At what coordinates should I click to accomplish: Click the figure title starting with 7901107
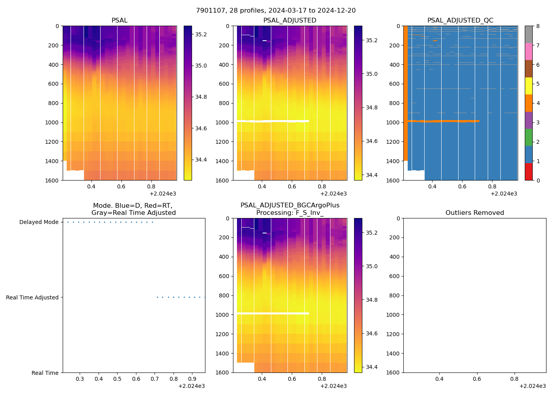pos(276,11)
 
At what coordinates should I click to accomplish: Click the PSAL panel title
pos(119,21)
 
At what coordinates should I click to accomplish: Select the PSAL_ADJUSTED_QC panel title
pos(460,21)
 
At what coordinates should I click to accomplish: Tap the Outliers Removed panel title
pos(475,213)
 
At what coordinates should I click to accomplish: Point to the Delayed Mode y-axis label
pos(39,222)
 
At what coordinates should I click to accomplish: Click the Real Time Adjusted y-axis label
pos(32,297)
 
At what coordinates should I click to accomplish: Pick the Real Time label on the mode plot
pos(45,373)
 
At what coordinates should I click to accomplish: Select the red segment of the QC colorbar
pos(529,172)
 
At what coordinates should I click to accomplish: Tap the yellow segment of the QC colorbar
pos(529,86)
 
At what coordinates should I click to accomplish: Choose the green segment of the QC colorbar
pos(529,137)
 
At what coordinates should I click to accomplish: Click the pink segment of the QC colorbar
pos(529,52)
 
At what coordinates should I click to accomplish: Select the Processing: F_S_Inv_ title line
pos(290,213)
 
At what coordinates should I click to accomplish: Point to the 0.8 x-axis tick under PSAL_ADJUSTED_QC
pos(492,187)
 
